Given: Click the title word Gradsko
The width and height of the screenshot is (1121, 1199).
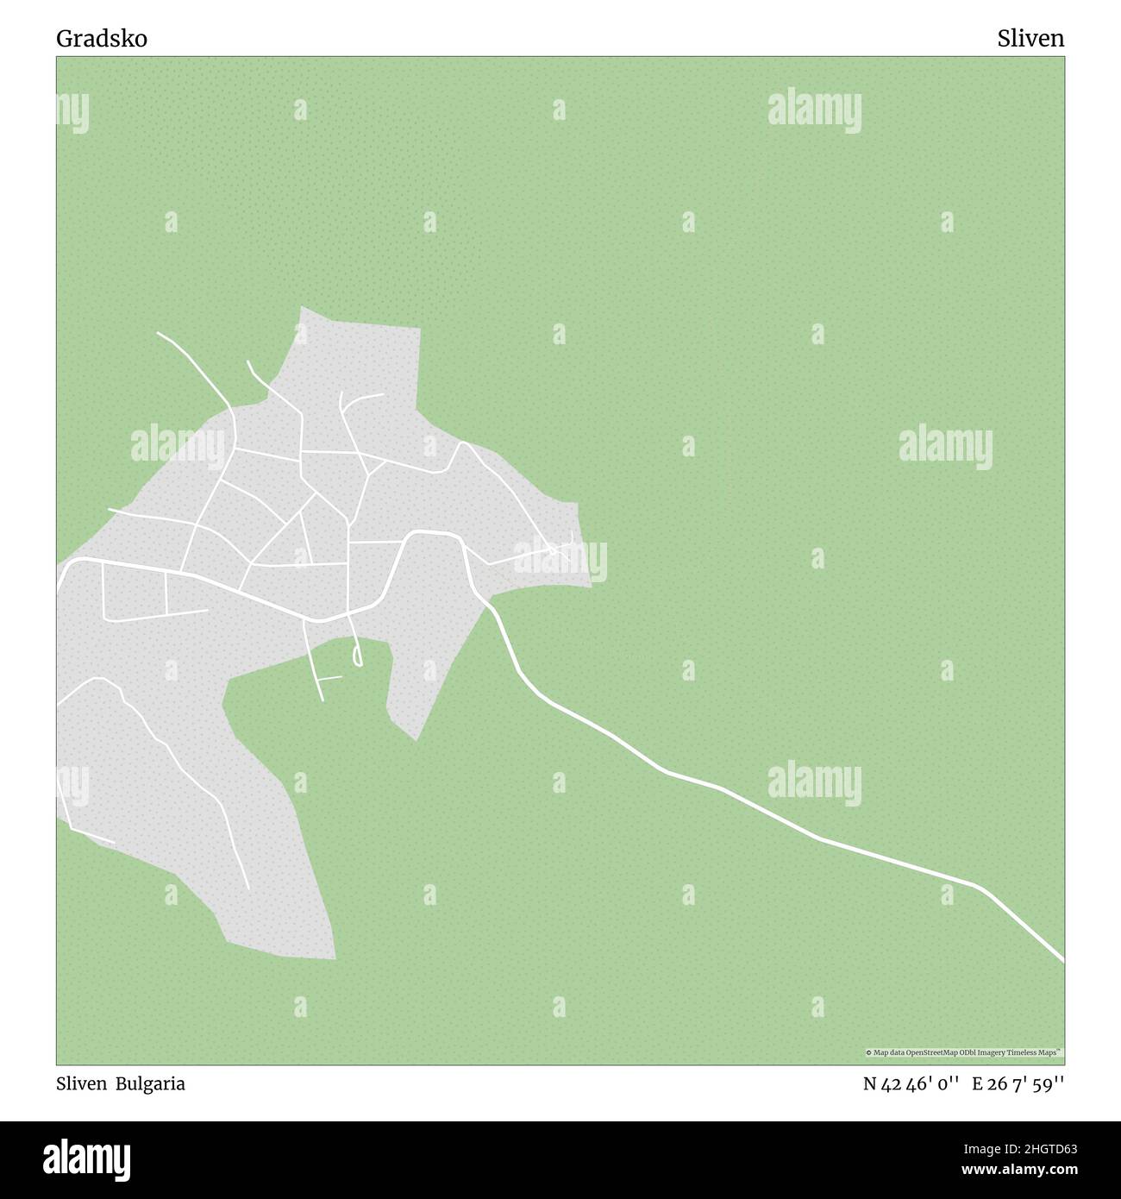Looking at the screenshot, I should (x=102, y=39).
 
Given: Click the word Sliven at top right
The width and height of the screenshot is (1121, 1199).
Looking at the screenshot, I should (x=1030, y=39).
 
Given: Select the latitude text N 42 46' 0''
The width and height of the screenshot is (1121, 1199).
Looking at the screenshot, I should (x=911, y=1084).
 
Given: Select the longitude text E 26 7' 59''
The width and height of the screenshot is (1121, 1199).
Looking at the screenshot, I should (x=1018, y=1084).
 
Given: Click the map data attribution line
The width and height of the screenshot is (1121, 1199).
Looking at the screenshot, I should (x=964, y=1052).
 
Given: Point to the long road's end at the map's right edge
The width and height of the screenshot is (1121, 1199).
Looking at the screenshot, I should (x=1062, y=958).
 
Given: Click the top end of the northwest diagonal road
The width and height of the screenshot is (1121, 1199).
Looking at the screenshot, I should (x=159, y=333).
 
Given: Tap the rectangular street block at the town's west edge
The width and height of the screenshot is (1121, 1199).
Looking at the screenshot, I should (x=134, y=593).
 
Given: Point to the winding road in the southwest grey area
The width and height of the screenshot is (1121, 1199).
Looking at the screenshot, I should (x=172, y=759).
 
